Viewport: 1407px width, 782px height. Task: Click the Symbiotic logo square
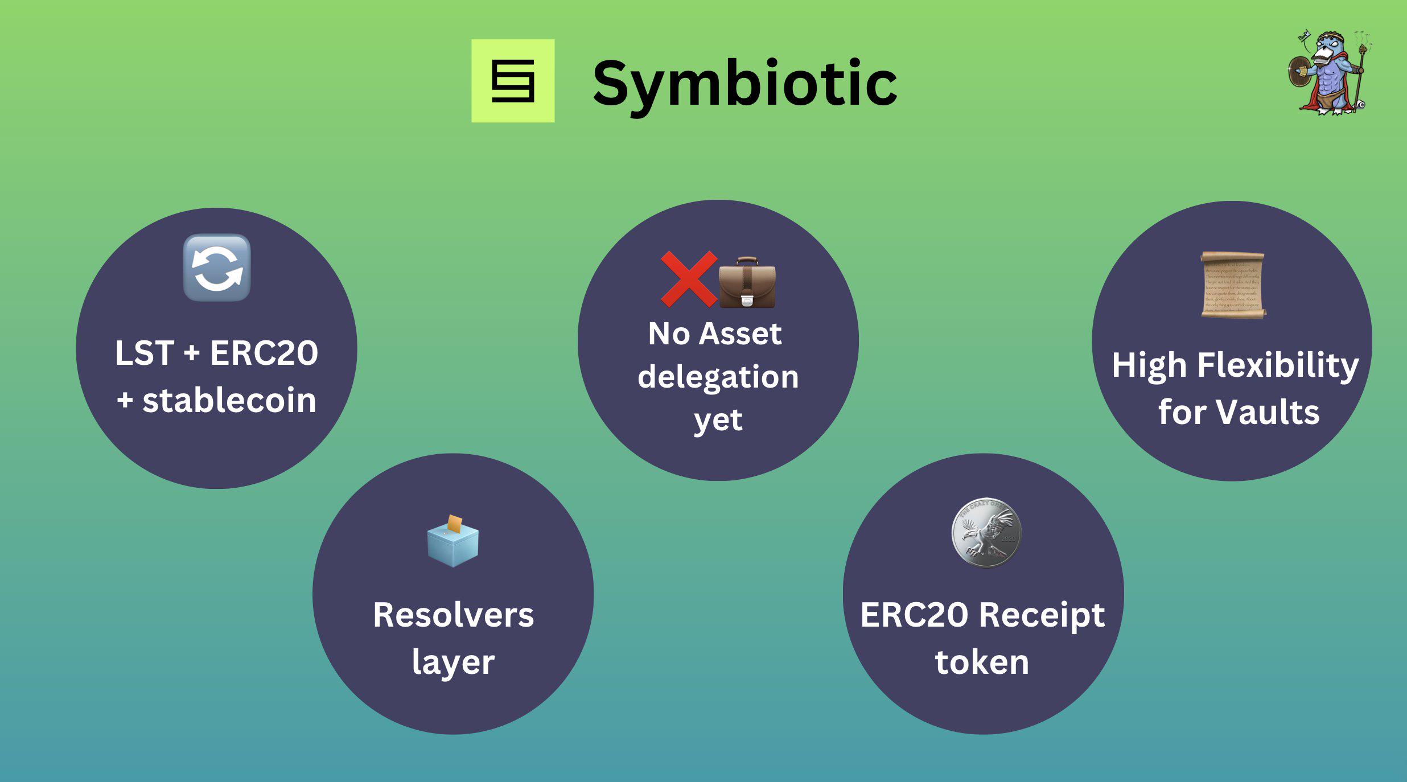point(513,81)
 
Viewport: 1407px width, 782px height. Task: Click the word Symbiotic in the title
point(744,84)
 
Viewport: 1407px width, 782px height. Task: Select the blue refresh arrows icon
point(217,267)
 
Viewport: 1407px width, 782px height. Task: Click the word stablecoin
point(229,400)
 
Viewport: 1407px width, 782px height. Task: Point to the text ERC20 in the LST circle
point(264,353)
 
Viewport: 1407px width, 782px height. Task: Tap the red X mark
point(688,279)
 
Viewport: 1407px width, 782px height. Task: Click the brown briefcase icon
point(747,283)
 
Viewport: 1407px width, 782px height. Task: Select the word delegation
point(718,377)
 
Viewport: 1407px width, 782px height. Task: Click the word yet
point(718,421)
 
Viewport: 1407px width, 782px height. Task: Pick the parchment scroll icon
point(1233,285)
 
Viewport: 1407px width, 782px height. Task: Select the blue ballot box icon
point(453,542)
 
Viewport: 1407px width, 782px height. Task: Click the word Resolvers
point(453,615)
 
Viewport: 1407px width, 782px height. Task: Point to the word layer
point(453,663)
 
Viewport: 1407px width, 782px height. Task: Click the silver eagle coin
point(986,533)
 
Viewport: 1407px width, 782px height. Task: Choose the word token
point(982,662)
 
